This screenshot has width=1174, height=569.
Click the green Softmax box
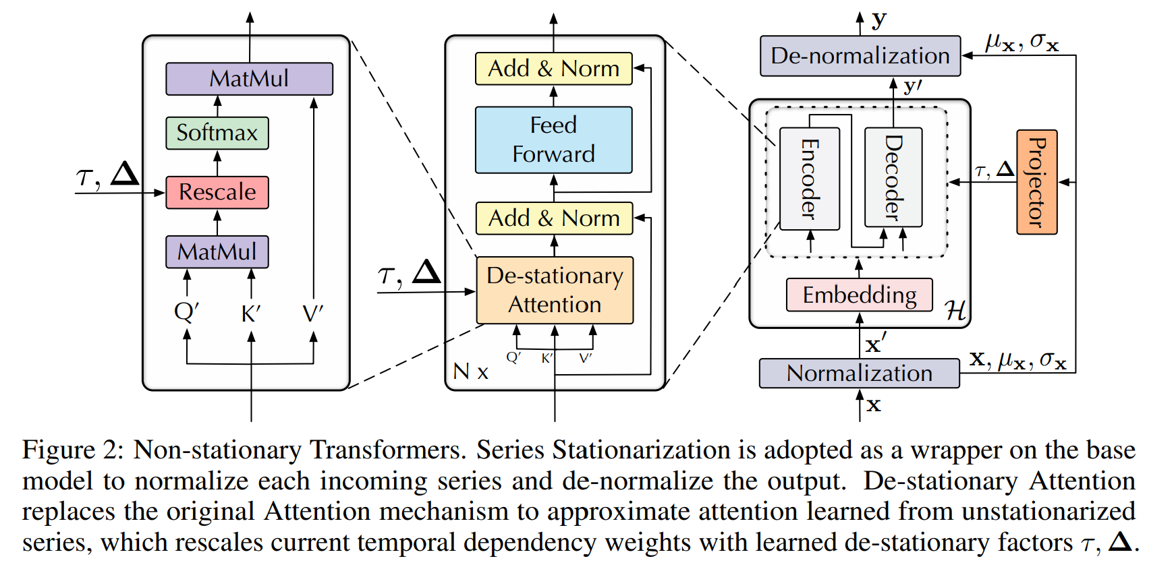coord(217,133)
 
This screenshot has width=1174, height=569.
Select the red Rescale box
coord(217,192)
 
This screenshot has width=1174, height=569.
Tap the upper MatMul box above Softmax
coord(249,79)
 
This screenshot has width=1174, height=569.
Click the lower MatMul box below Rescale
coord(217,251)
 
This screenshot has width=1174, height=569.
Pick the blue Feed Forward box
coord(553,140)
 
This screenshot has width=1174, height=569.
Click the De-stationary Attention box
coord(555,290)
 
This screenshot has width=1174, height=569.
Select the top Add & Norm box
coord(553,69)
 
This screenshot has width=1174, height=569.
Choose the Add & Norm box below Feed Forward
coord(554,218)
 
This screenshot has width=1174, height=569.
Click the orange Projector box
coord(1036,182)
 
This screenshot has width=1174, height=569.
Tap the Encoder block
coord(809,179)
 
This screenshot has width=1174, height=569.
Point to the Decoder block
coord(893,177)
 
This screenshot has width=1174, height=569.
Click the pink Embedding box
coord(859,295)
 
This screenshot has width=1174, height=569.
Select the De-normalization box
coord(860,56)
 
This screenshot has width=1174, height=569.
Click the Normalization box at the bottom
coord(859,373)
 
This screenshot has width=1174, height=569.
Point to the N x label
coord(470,371)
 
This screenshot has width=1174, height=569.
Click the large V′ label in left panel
coord(312,313)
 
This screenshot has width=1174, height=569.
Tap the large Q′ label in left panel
coord(186,311)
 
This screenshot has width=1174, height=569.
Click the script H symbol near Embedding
coord(955,310)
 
